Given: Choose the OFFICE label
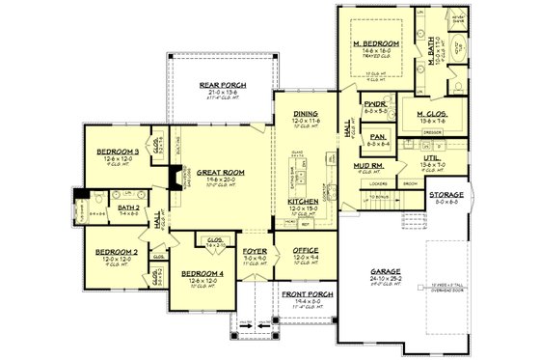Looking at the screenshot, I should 306,251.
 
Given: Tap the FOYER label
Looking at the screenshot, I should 254,251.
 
